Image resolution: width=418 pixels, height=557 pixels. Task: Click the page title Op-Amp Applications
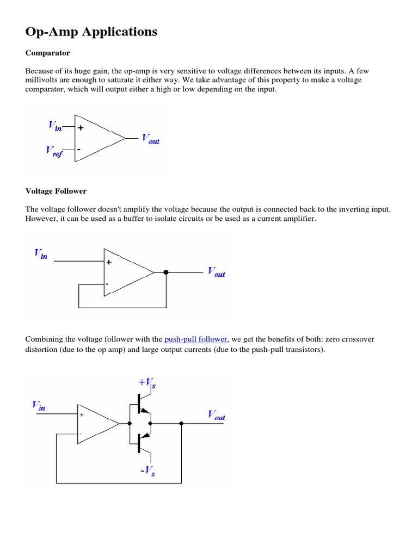[91, 32]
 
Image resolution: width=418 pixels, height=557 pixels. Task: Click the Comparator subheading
[47, 53]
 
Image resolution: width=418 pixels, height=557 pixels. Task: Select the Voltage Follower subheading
[56, 191]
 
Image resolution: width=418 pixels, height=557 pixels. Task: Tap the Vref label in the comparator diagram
[54, 152]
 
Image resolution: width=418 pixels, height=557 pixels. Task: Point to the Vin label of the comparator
[55, 126]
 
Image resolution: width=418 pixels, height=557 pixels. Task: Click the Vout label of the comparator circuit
[150, 139]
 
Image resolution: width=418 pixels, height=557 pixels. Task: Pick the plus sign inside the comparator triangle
[81, 129]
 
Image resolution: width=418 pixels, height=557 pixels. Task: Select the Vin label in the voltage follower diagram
[41, 253]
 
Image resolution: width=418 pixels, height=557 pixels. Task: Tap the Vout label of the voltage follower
[216, 272]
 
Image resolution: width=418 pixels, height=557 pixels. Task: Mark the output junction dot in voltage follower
[166, 272]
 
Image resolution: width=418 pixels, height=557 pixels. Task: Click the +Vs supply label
[147, 385]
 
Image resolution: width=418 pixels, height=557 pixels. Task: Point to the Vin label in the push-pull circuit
[39, 406]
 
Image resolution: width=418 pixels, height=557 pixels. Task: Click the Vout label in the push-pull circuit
[216, 416]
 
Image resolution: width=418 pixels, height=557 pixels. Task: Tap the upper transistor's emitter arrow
[145, 411]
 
